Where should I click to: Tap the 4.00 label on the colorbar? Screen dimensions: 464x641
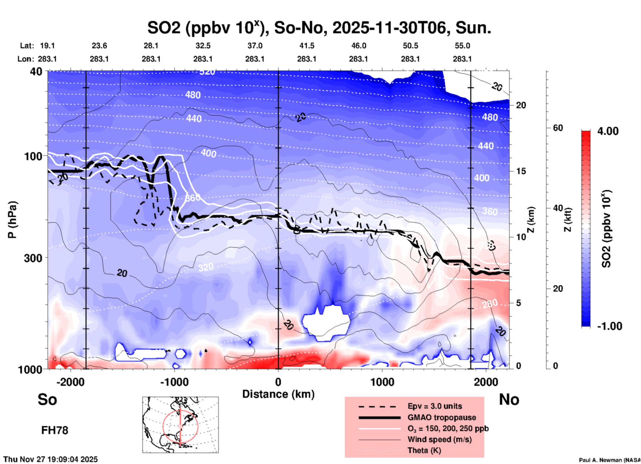[608, 131]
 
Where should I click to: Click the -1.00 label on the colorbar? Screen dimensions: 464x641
[609, 326]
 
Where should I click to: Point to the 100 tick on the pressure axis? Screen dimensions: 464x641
[33, 156]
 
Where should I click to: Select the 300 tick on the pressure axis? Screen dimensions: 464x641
[33, 258]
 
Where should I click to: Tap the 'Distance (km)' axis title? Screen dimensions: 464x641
[278, 394]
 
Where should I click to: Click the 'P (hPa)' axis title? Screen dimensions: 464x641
[12, 219]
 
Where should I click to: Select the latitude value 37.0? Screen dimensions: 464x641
[255, 46]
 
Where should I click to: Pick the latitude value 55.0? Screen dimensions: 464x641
[462, 46]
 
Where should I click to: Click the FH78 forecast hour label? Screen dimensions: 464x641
[55, 430]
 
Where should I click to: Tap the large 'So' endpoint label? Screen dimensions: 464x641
[47, 399]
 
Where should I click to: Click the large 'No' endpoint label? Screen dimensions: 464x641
[509, 399]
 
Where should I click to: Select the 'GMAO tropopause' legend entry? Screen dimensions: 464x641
[442, 417]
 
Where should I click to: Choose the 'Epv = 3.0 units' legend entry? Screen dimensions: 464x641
[435, 406]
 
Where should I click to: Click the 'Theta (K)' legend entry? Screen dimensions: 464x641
[424, 450]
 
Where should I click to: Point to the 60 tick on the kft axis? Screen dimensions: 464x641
[558, 128]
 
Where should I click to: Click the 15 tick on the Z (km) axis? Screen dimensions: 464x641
[521, 171]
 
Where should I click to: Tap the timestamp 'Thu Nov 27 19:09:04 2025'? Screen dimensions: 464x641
[51, 459]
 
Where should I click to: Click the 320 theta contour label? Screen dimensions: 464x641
[206, 267]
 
